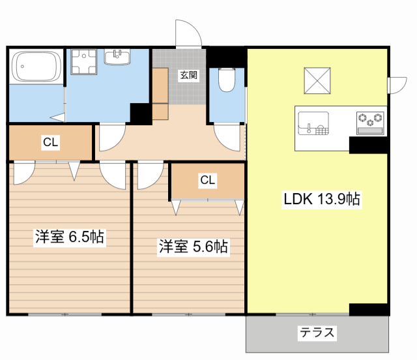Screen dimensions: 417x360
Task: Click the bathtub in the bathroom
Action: pyautogui.click(x=37, y=67)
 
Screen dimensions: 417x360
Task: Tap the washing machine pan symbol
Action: pyautogui.click(x=84, y=62)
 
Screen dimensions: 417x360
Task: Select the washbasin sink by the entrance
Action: pyautogui.click(x=117, y=57)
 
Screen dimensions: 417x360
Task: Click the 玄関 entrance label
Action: pyautogui.click(x=189, y=76)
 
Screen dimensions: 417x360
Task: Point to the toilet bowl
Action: pyautogui.click(x=227, y=80)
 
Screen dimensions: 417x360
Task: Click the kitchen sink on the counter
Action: pyautogui.click(x=313, y=123)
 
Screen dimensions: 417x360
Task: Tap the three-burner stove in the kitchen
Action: pyautogui.click(x=371, y=123)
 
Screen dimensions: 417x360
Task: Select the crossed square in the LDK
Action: pyautogui.click(x=317, y=81)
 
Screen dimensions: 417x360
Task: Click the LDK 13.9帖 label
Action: pyautogui.click(x=322, y=199)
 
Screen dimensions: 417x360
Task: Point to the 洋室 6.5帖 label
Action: pyautogui.click(x=70, y=237)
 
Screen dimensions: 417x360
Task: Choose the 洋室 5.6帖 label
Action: pyautogui.click(x=194, y=247)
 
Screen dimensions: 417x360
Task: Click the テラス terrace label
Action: pyautogui.click(x=317, y=333)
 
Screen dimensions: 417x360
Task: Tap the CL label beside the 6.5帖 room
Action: pyautogui.click(x=51, y=142)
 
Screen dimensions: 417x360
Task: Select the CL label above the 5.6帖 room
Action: pyautogui.click(x=208, y=180)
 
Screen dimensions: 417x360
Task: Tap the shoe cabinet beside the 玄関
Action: pyautogui.click(x=160, y=94)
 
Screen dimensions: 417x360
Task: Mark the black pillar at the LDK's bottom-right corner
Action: pyautogui.click(x=369, y=309)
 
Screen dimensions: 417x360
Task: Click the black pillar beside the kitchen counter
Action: pyautogui.click(x=369, y=145)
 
